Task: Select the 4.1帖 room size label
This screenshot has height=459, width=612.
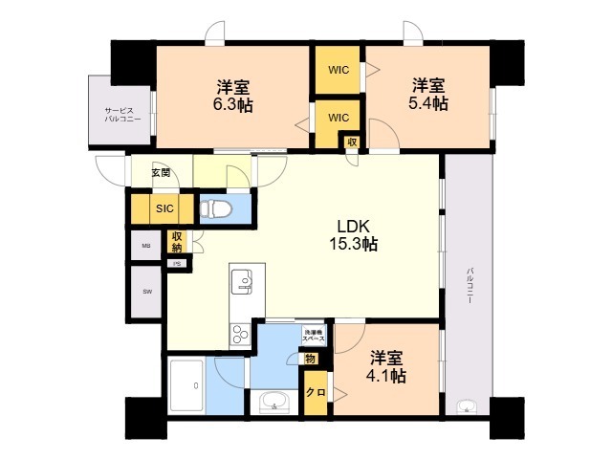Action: tap(387, 376)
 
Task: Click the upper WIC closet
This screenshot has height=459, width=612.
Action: tap(338, 68)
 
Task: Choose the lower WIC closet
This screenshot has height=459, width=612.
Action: tap(338, 117)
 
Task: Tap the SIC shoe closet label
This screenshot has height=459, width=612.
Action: tap(164, 208)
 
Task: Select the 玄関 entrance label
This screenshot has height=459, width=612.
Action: tap(161, 173)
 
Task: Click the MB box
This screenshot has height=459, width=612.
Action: tap(146, 246)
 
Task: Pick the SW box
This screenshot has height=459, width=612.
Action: tap(147, 291)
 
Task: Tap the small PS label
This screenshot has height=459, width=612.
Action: tap(176, 263)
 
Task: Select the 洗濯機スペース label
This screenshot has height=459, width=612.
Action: tap(314, 337)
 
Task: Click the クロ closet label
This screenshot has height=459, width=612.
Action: tap(313, 391)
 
